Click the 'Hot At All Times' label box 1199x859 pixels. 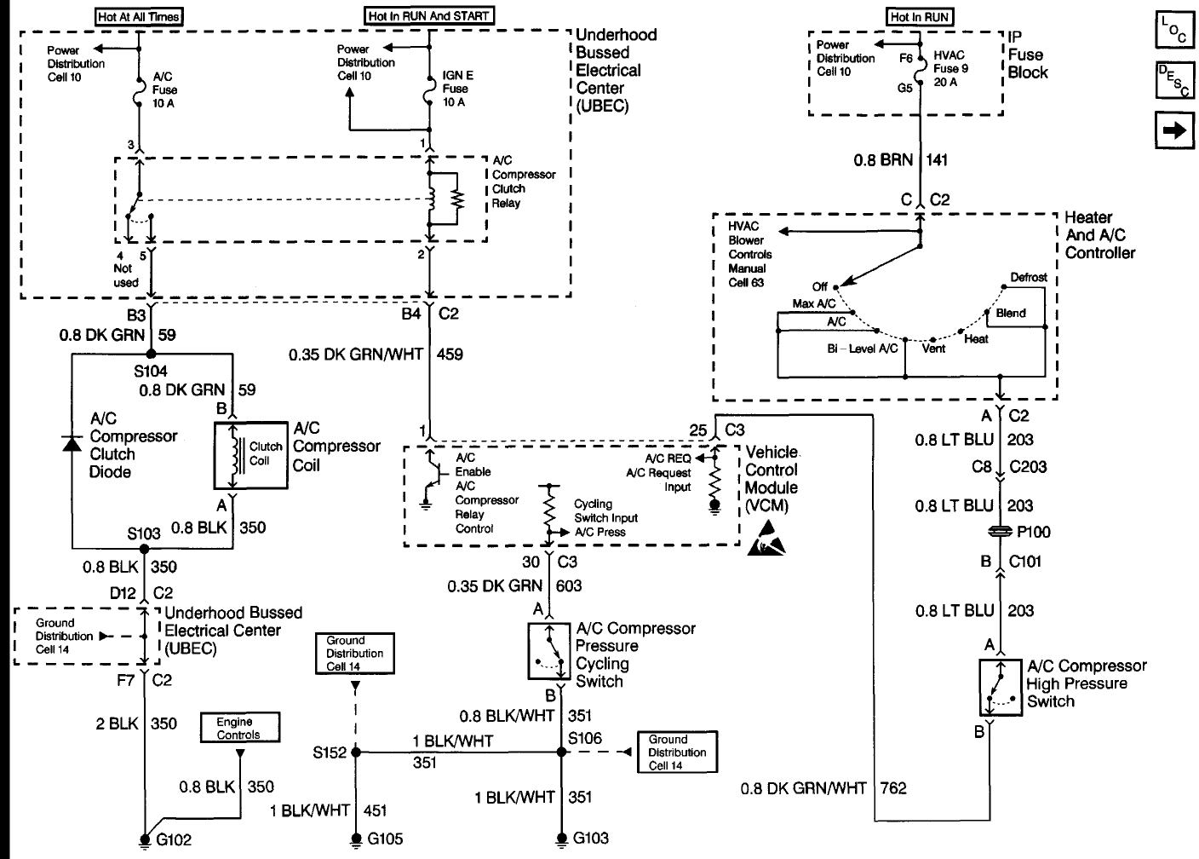[x=139, y=16]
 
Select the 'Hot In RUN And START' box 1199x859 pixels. [x=428, y=15]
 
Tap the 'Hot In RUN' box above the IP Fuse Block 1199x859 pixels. [x=919, y=16]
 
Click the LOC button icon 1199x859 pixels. [x=1174, y=30]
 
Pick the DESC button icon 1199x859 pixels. [x=1174, y=80]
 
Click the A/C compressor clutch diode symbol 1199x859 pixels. [x=72, y=444]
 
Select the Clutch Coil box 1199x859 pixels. [x=250, y=456]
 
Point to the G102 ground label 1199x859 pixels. [x=174, y=839]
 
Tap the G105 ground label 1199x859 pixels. [x=385, y=839]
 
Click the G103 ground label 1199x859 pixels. [x=590, y=838]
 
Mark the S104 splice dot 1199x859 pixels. [x=151, y=354]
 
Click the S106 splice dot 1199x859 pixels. [x=561, y=752]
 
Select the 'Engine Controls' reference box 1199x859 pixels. [x=240, y=727]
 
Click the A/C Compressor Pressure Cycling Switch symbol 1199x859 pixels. [x=548, y=651]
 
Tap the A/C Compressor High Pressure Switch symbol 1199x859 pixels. [x=1001, y=688]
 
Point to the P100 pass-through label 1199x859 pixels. [x=1033, y=532]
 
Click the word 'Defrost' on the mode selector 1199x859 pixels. [x=1028, y=278]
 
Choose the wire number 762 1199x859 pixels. [x=893, y=788]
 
